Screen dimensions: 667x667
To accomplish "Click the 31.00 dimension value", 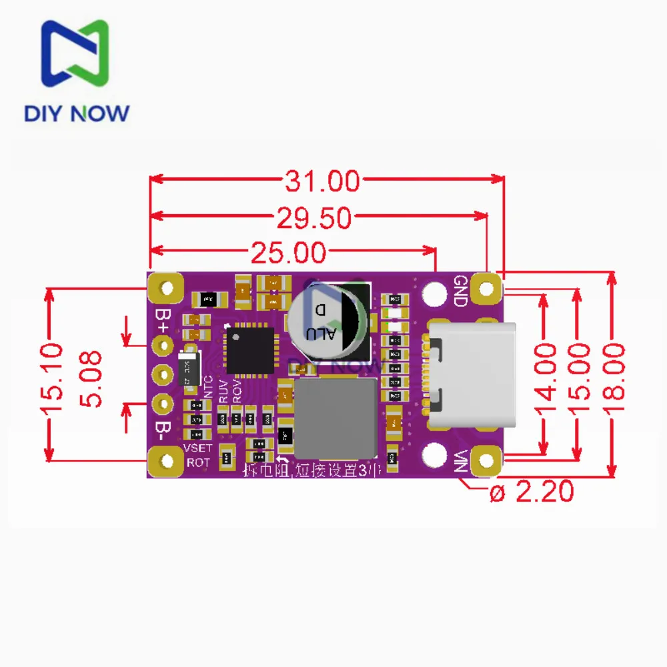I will coord(323,181).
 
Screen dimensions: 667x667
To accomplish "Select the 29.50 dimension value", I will coord(313,217).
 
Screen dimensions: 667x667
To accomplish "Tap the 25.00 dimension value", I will coord(288,253).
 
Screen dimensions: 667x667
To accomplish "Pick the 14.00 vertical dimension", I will coord(546,372).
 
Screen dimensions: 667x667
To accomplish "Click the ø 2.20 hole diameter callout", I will coord(532,492).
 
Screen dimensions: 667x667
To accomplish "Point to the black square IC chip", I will coord(250,350).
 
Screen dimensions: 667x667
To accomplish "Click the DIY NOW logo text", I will coord(76,112).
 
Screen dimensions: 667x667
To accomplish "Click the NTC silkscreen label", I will coord(208,388).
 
